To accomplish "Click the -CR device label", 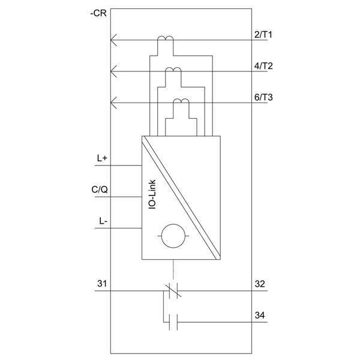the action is pyautogui.click(x=98, y=13).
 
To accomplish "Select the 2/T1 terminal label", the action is pyautogui.click(x=263, y=35).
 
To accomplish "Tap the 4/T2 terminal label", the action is pyautogui.click(x=263, y=66).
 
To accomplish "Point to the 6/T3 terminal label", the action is pyautogui.click(x=263, y=97).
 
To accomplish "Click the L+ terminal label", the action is pyautogui.click(x=102, y=158).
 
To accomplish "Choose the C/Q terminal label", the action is pyautogui.click(x=100, y=190).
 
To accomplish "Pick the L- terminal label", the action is pyautogui.click(x=103, y=221).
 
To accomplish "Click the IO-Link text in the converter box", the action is pyautogui.click(x=152, y=194).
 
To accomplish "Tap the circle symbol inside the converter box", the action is pyautogui.click(x=173, y=236).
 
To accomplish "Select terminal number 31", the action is pyautogui.click(x=102, y=284).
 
